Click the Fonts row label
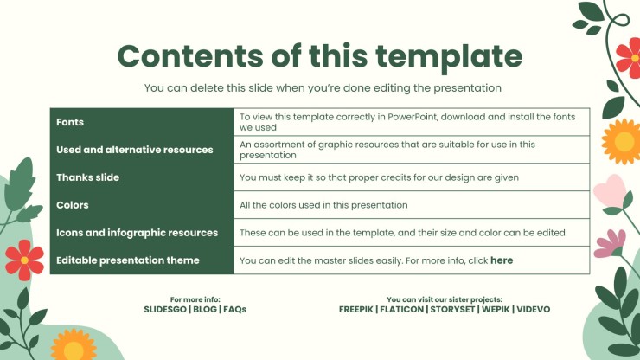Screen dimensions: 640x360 click(70, 122)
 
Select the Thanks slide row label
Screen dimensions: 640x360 click(87, 177)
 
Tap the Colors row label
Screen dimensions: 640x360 click(73, 205)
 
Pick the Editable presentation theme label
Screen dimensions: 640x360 click(128, 260)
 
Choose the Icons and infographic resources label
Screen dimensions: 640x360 click(138, 233)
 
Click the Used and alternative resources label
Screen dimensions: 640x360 click(135, 150)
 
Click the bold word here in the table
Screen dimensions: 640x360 click(502, 260)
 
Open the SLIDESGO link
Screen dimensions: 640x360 click(165, 309)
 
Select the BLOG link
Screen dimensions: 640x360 click(205, 309)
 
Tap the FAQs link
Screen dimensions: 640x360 click(234, 309)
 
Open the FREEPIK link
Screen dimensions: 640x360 click(356, 309)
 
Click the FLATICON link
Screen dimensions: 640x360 click(401, 309)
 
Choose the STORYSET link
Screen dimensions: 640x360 click(452, 309)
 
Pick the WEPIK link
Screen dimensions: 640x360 click(496, 309)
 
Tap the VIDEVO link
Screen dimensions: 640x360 click(533, 309)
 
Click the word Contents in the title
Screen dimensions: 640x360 click(190, 56)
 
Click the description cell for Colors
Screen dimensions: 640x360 click(412, 205)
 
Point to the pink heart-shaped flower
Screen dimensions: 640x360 click(610, 190)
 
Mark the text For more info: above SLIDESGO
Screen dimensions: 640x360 click(195, 299)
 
